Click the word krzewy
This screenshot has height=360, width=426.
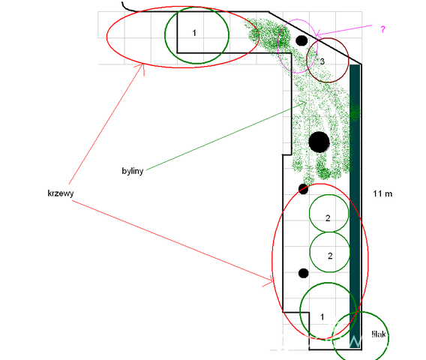coord(60,193)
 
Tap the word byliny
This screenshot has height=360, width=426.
coord(132,171)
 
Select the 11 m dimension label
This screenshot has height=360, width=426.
coord(382,193)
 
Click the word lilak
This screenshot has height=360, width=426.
coord(379,334)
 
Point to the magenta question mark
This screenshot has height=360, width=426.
coord(382,29)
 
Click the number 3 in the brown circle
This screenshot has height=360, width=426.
coord(322,61)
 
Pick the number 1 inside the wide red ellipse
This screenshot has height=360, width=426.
coord(194,33)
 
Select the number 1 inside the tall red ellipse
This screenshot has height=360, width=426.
coord(322,316)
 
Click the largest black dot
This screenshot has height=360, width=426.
coord(319,142)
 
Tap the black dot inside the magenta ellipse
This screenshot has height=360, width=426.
coord(301,40)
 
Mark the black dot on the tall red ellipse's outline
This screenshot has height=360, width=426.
coord(303,189)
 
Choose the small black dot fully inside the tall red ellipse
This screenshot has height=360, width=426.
coord(304,273)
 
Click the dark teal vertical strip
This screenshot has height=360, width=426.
coord(355,206)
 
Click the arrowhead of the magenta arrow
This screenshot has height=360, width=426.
coord(316,35)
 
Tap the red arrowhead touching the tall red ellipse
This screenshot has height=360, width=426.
coord(271,281)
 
